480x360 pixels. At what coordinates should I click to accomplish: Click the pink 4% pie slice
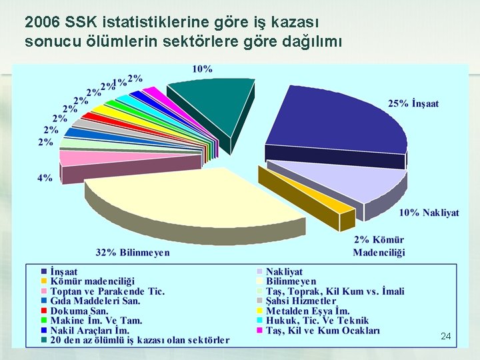[79, 158]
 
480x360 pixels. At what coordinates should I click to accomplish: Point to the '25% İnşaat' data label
[413, 104]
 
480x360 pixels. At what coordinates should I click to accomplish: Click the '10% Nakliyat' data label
[429, 213]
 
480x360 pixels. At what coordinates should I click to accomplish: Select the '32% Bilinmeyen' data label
[133, 253]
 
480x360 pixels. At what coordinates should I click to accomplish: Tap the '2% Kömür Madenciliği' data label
[379, 246]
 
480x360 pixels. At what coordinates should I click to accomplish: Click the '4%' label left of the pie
[45, 178]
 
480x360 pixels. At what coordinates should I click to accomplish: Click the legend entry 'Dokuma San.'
[79, 311]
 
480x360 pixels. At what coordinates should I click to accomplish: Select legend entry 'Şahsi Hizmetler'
[301, 301]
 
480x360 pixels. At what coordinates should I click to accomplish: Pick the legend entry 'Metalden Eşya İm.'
[307, 311]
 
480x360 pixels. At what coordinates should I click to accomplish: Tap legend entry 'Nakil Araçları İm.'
[90, 330]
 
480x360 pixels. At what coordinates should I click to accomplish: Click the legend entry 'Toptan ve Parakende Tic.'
[107, 291]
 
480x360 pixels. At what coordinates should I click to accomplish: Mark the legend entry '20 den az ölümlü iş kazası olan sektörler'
[140, 340]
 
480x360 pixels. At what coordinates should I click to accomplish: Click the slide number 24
[445, 337]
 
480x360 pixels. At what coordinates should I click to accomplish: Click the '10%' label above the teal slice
[203, 69]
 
